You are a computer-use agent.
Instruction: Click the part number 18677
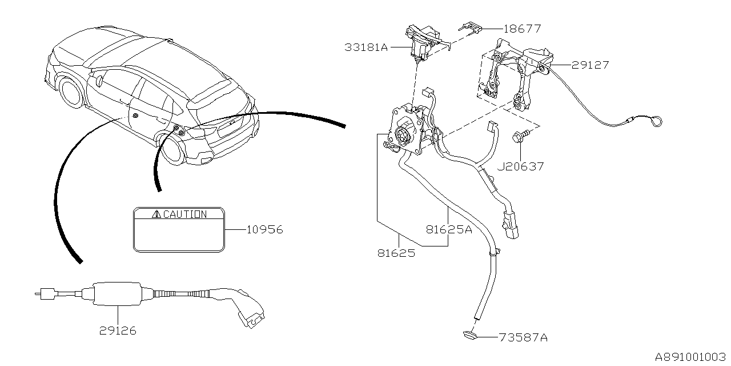[x=522, y=28]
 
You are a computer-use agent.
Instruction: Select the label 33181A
[x=366, y=47]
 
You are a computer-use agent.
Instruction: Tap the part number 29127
[x=590, y=65]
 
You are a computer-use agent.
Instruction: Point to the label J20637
[x=520, y=166]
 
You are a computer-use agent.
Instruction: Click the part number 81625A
[x=449, y=230]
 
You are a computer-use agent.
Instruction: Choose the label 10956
[x=264, y=230]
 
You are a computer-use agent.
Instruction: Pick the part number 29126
[x=117, y=331]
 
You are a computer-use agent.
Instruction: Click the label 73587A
[x=523, y=338]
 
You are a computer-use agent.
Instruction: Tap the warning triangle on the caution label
[x=156, y=214]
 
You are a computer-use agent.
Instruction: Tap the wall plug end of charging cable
[x=42, y=295]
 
